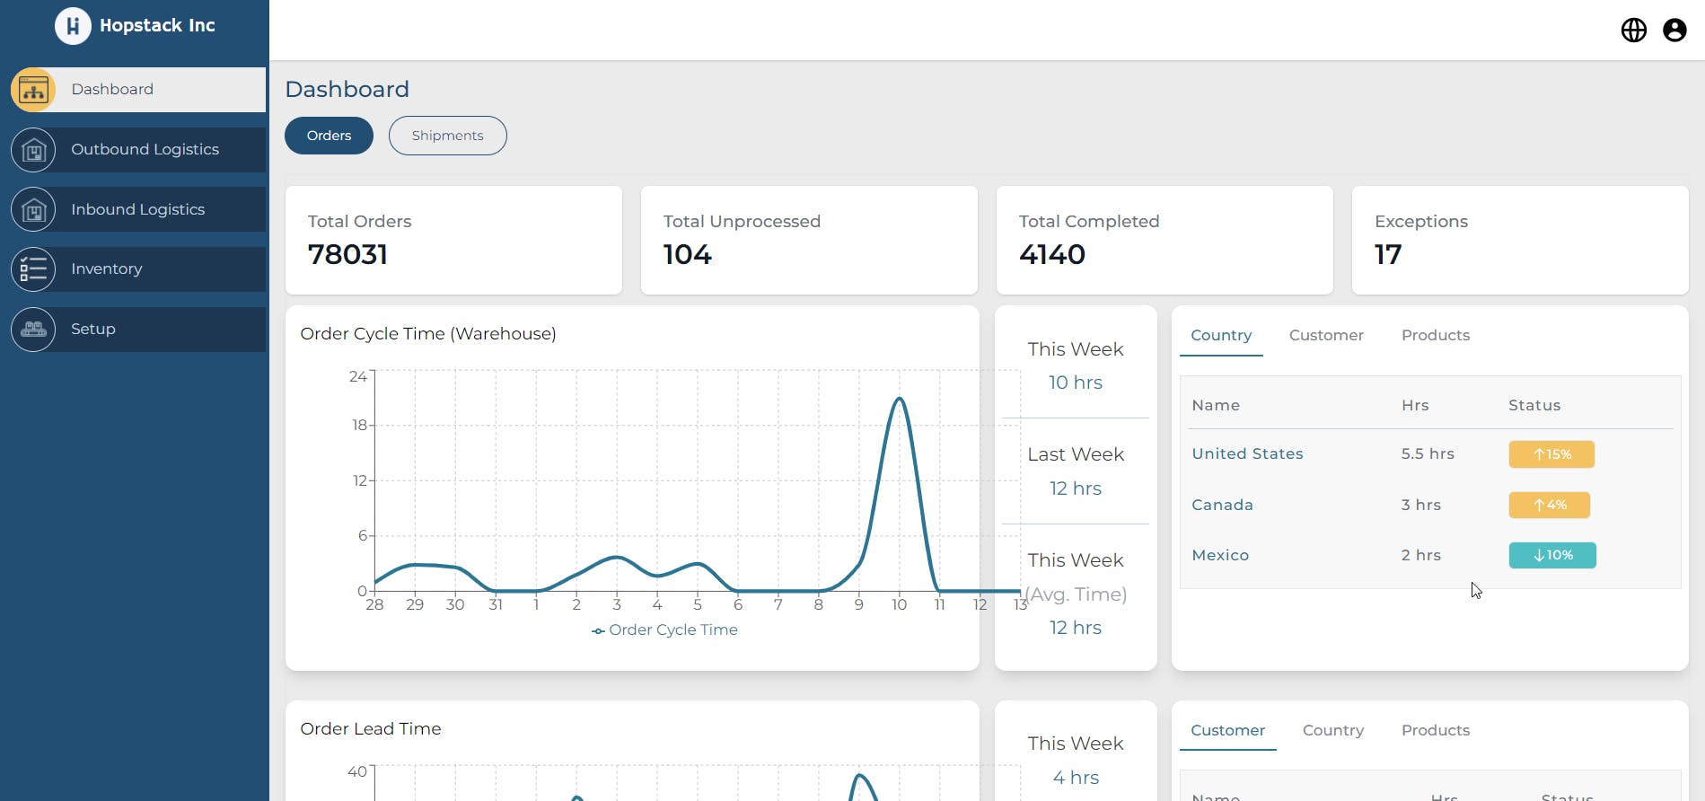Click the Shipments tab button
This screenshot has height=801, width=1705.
click(x=447, y=136)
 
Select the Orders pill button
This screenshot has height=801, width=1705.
click(x=329, y=136)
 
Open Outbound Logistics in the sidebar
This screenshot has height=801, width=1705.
click(x=145, y=149)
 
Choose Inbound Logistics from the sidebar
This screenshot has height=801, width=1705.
click(x=137, y=209)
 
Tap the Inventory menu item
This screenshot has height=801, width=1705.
click(x=106, y=268)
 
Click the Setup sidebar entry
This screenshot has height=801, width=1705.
click(x=92, y=329)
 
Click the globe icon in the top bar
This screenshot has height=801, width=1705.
click(x=1633, y=31)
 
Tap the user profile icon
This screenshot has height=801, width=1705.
click(x=1674, y=31)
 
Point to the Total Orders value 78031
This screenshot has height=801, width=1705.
click(x=347, y=255)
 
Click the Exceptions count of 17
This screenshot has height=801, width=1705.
click(x=1387, y=255)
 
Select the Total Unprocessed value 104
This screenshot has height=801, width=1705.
click(x=687, y=255)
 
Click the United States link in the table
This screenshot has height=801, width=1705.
click(x=1247, y=454)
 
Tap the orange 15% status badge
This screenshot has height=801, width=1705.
click(x=1551, y=454)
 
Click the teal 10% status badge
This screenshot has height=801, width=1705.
click(x=1551, y=556)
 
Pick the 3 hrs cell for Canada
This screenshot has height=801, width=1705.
click(x=1420, y=505)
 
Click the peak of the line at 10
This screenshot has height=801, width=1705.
click(x=899, y=399)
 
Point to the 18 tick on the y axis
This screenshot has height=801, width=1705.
click(x=359, y=425)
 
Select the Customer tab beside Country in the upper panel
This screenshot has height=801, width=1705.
click(x=1326, y=335)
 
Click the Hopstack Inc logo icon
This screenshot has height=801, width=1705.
click(x=73, y=26)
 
